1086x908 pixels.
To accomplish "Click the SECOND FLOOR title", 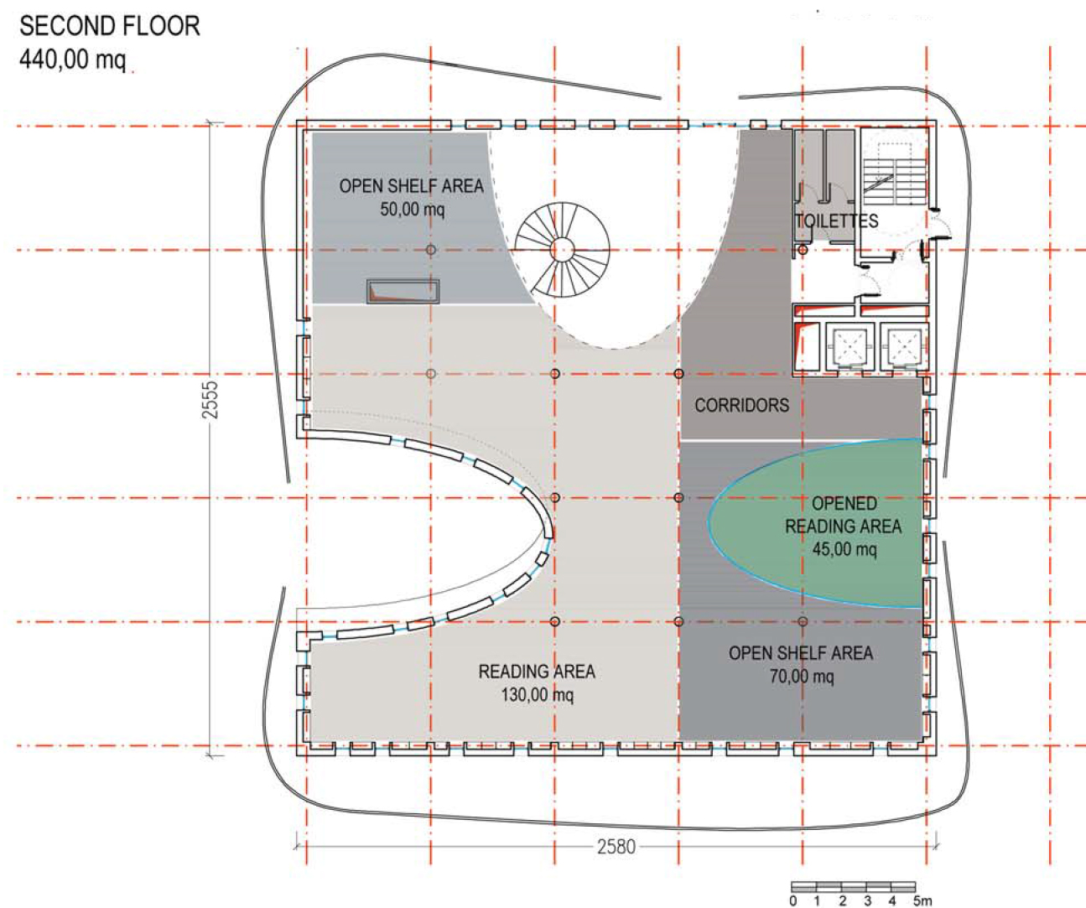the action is tap(110, 26).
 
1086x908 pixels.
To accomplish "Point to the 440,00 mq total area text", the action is tap(73, 60).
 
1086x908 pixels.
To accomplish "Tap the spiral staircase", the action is tap(562, 250).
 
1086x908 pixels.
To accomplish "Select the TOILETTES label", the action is tap(836, 221).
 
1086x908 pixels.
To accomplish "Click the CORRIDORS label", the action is tap(741, 405).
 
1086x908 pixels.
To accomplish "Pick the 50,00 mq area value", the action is tap(413, 210).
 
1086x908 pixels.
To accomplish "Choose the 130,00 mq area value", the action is tap(538, 695).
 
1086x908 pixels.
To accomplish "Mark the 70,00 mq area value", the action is tap(802, 676).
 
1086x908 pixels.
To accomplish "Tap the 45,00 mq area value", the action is tap(844, 548).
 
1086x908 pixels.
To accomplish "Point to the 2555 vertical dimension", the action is tap(210, 399).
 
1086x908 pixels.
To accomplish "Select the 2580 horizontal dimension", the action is tap(616, 847).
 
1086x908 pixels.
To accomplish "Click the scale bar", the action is tap(854, 887).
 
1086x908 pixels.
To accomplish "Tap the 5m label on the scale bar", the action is tap(922, 900).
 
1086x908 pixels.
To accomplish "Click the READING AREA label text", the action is tap(537, 672).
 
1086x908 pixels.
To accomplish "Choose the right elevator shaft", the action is tap(905, 346).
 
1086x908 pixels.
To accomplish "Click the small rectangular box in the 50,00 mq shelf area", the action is tap(403, 291).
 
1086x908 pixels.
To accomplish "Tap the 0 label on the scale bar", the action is tap(792, 900).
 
